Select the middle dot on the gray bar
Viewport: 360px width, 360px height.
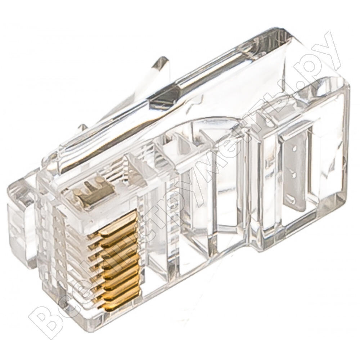(294, 175)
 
